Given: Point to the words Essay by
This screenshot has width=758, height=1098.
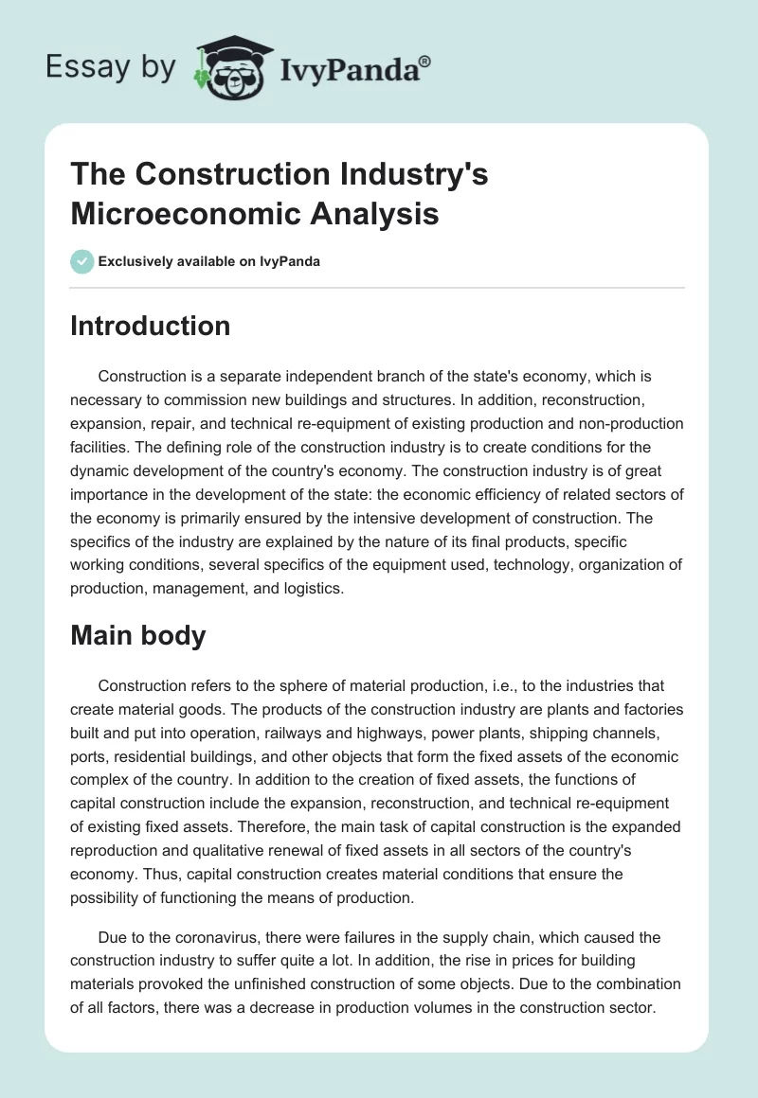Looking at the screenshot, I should (x=111, y=68).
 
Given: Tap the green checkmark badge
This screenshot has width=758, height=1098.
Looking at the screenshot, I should (x=82, y=261).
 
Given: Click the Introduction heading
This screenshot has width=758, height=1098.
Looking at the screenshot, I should (x=150, y=326).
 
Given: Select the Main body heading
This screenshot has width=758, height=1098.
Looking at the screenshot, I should (x=137, y=635).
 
